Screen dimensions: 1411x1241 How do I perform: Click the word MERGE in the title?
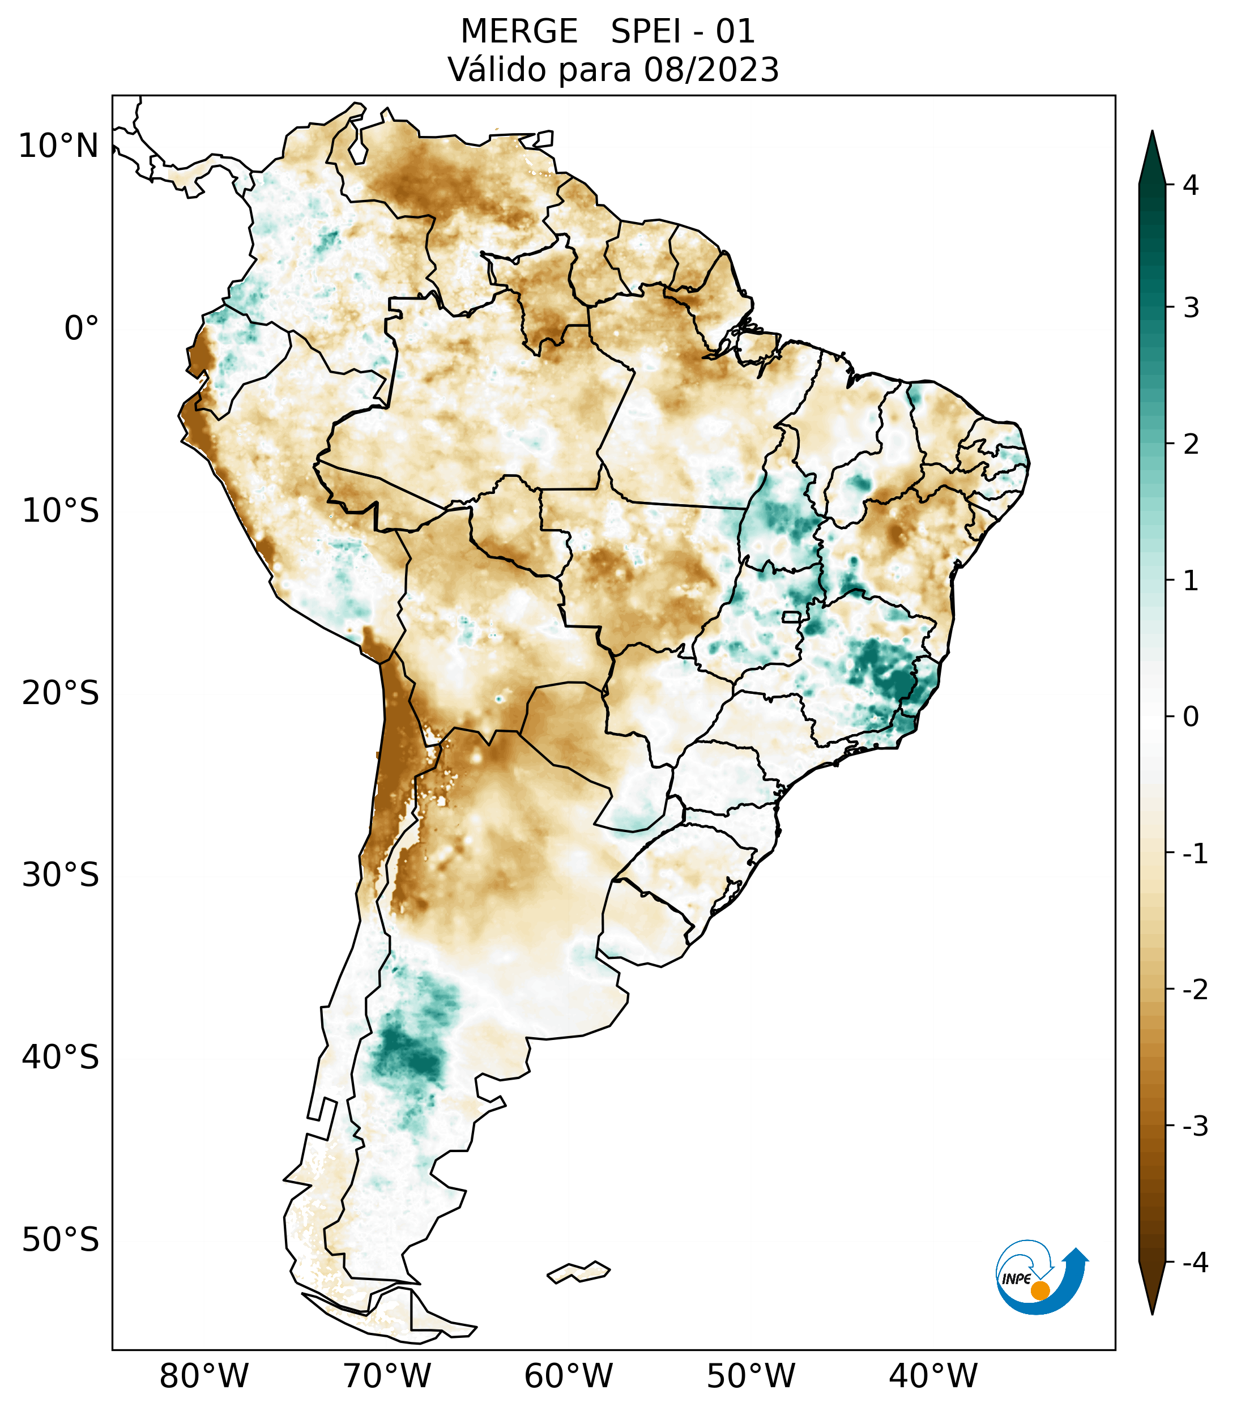(518, 32)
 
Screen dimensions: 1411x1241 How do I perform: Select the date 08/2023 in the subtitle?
(711, 70)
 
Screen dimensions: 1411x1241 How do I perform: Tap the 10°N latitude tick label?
(59, 146)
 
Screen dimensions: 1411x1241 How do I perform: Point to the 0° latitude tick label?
(82, 329)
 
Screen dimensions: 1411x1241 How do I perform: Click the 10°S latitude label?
(61, 511)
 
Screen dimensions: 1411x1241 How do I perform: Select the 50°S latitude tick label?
(61, 1241)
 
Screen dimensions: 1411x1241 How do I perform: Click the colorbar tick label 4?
(1191, 185)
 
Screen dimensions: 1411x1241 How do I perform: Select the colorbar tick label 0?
(1191, 717)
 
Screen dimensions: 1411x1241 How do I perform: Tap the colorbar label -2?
(1195, 991)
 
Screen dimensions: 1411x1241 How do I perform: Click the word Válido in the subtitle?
(497, 70)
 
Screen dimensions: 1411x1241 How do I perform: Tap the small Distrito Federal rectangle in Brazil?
(791, 616)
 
